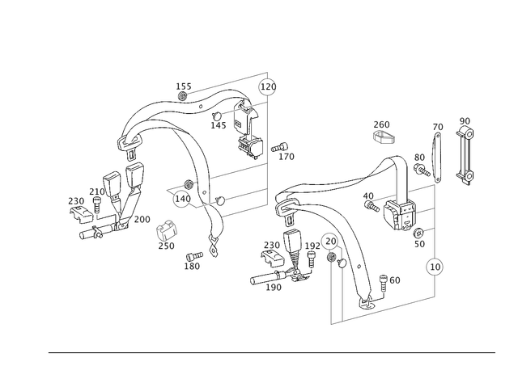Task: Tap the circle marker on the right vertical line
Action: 435,265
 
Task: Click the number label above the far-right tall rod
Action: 464,121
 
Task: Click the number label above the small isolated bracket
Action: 382,124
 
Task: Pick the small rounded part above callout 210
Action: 168,229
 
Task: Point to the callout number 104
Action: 183,84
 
